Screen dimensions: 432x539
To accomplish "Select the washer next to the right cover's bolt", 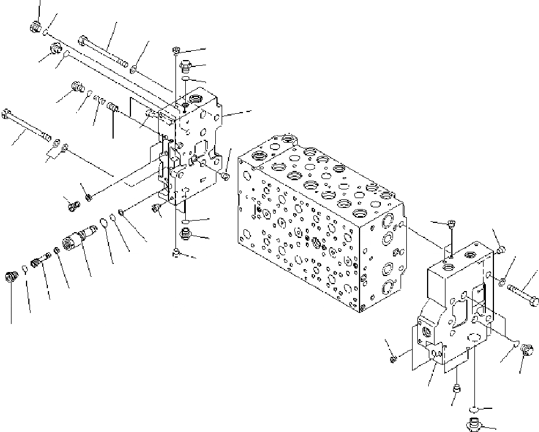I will tap(504, 283).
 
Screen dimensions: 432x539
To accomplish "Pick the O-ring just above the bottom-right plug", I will tap(473, 409).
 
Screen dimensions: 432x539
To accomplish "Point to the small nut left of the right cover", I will tap(394, 359).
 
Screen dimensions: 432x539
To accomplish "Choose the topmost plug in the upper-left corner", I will tap(35, 27).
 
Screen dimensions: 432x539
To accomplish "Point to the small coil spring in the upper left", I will tap(99, 103).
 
